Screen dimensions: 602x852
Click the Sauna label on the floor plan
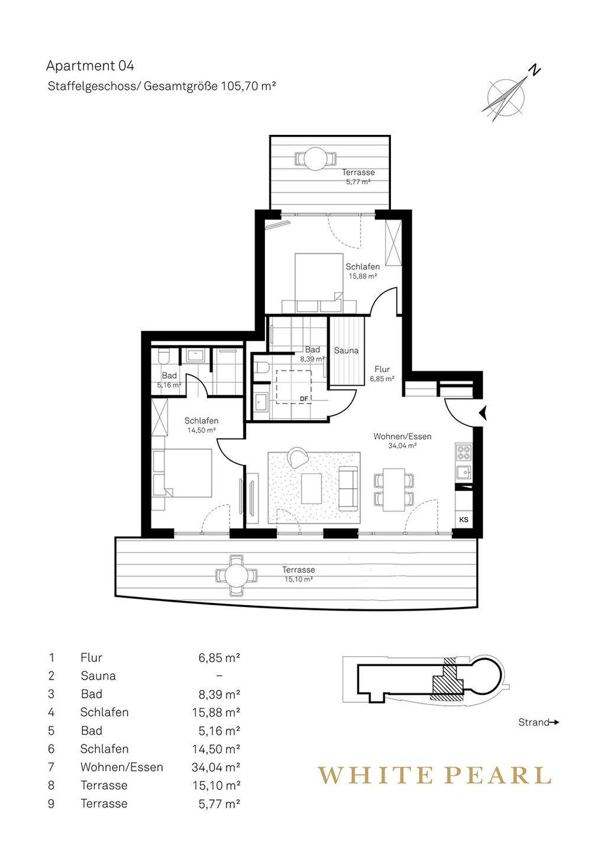pyautogui.click(x=346, y=350)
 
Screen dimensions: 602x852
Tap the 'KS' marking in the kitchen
pyautogui.click(x=464, y=520)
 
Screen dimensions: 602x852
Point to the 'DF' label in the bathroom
pyautogui.click(x=303, y=398)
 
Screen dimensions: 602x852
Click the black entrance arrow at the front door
pyautogui.click(x=483, y=413)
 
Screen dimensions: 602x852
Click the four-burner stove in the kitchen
pyautogui.click(x=464, y=454)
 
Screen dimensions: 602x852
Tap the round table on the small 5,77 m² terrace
pyautogui.click(x=315, y=159)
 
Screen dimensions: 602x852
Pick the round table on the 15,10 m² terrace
pyautogui.click(x=236, y=575)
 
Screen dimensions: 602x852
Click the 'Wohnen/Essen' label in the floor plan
pyautogui.click(x=403, y=436)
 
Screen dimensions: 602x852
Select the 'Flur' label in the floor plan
pyautogui.click(x=382, y=369)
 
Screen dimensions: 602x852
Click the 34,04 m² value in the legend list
pyautogui.click(x=216, y=767)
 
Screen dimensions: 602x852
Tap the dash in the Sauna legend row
pyautogui.click(x=219, y=676)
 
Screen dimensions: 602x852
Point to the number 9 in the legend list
pyautogui.click(x=51, y=803)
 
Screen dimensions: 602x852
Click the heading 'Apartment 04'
pyautogui.click(x=90, y=66)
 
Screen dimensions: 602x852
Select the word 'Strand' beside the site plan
pyautogui.click(x=534, y=722)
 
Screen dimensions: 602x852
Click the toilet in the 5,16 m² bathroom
pyautogui.click(x=164, y=356)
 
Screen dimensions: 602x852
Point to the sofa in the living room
pyautogui.click(x=348, y=488)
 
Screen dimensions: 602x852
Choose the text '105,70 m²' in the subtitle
pyautogui.click(x=246, y=86)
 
